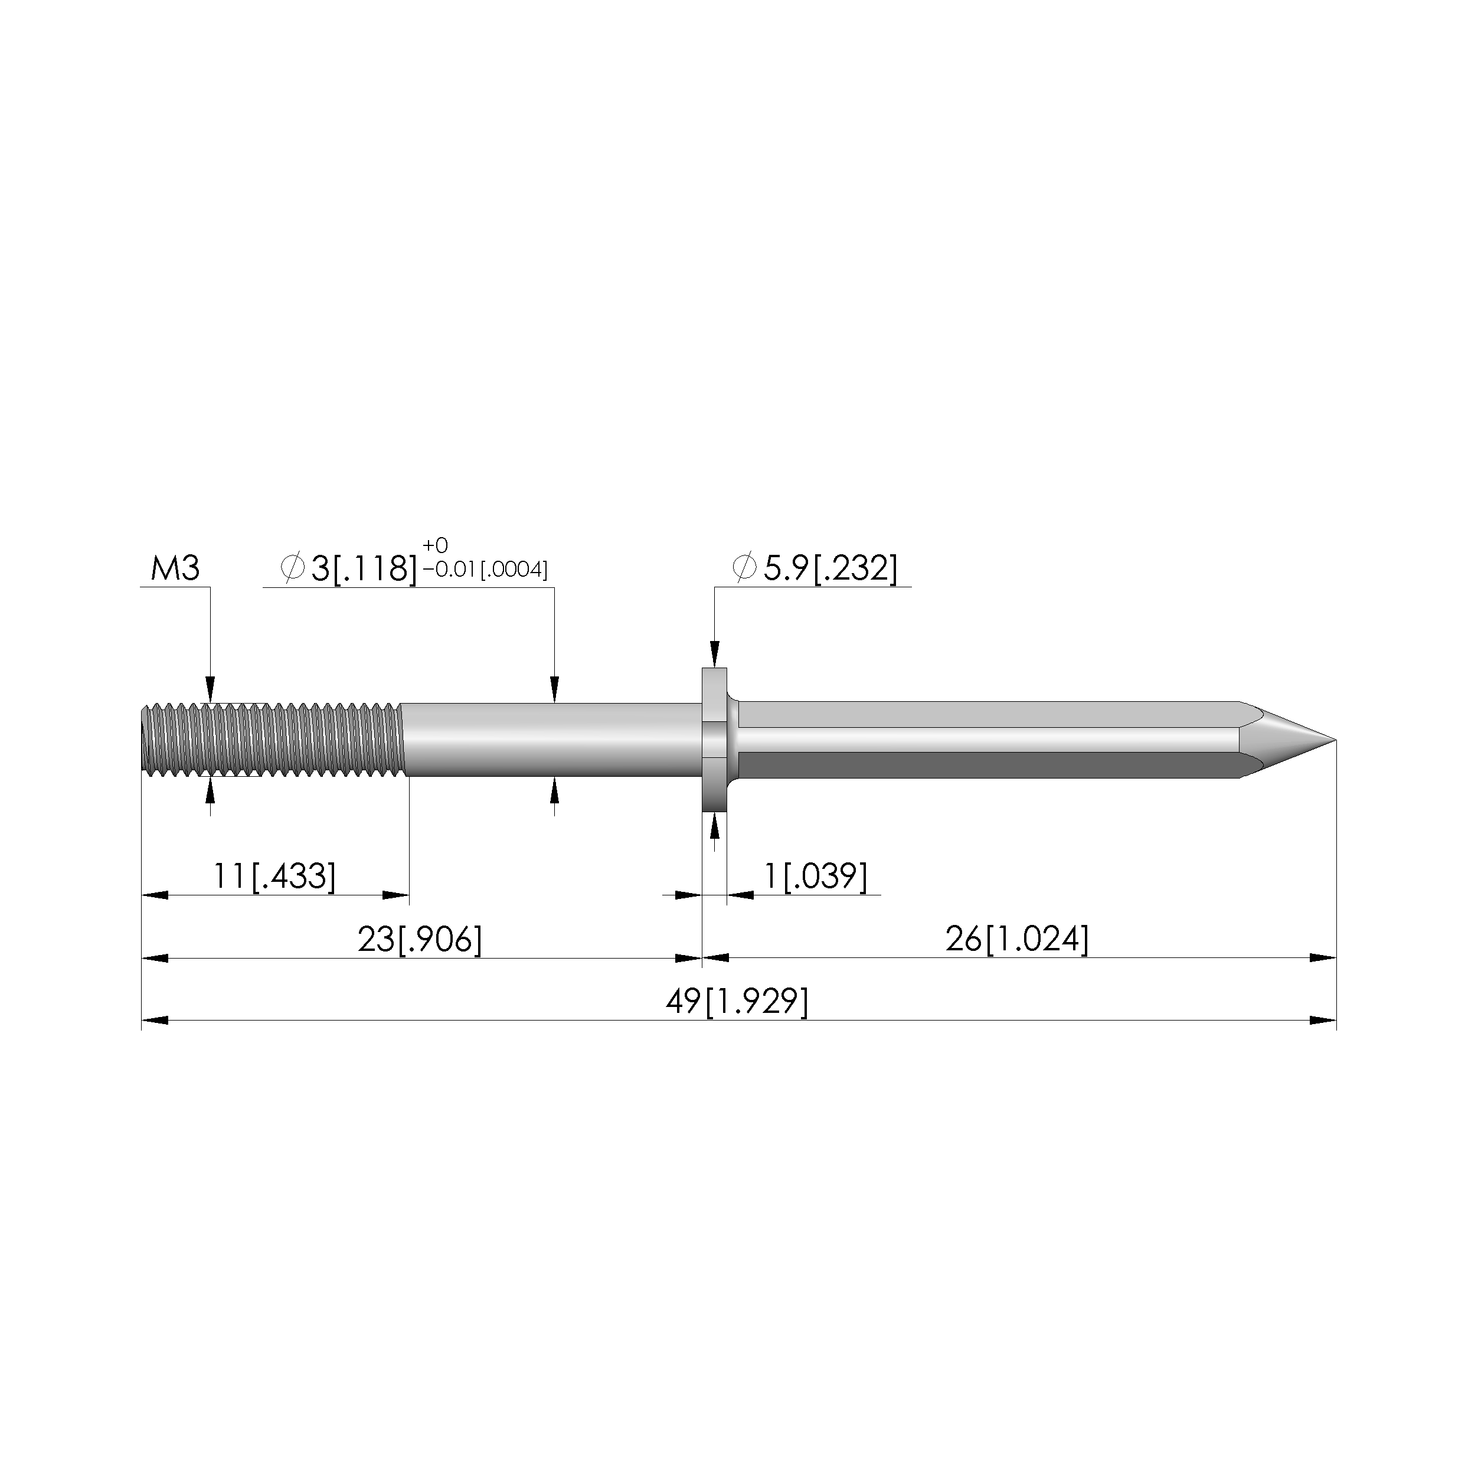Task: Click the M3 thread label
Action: pyautogui.click(x=175, y=569)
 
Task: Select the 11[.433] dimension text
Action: pyautogui.click(x=274, y=876)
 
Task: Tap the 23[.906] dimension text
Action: pyautogui.click(x=420, y=940)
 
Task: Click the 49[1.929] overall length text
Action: pyautogui.click(x=737, y=1002)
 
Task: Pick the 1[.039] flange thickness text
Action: pyautogui.click(x=816, y=876)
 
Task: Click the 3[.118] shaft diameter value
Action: pyautogui.click(x=364, y=568)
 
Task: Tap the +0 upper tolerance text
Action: pyautogui.click(x=435, y=545)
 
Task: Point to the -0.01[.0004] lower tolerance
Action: pyautogui.click(x=485, y=570)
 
